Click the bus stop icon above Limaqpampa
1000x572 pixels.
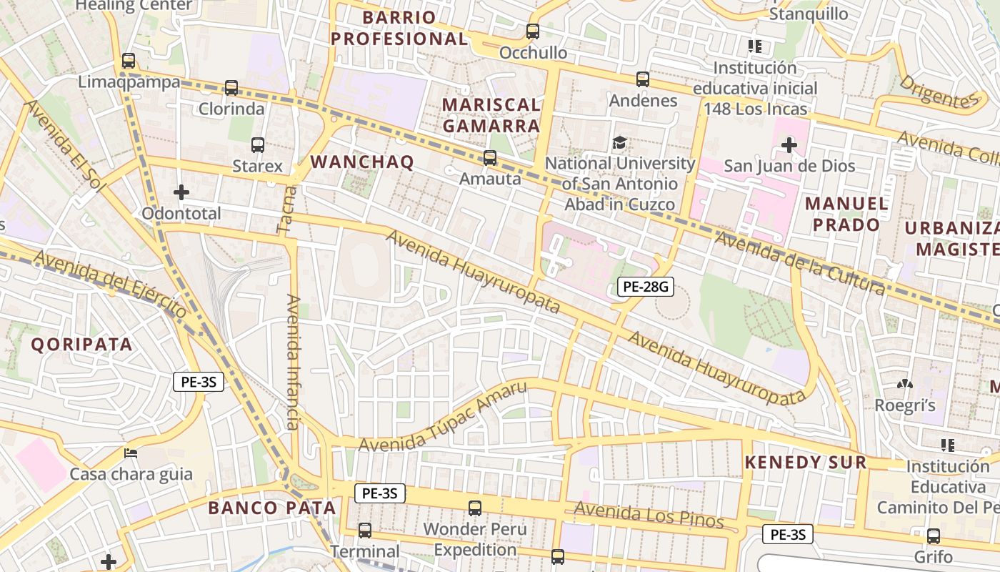click(x=129, y=61)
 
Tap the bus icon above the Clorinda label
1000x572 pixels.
click(x=231, y=88)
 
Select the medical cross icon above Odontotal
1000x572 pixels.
click(x=181, y=192)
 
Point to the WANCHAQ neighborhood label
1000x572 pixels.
click(x=362, y=162)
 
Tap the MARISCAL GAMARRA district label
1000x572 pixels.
click(x=491, y=115)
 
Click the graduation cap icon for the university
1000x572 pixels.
click(x=619, y=143)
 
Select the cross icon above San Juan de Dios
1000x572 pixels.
click(x=789, y=146)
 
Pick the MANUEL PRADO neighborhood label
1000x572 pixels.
click(x=846, y=214)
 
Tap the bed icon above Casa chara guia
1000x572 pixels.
click(x=131, y=453)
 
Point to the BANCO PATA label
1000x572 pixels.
click(x=271, y=508)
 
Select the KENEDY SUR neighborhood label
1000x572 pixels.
click(x=805, y=463)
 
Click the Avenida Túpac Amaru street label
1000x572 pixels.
click(x=443, y=417)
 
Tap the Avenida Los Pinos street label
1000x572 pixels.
click(x=649, y=515)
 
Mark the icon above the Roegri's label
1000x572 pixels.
click(x=905, y=385)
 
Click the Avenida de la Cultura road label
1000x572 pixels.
click(x=800, y=264)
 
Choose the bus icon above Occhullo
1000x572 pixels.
click(x=533, y=31)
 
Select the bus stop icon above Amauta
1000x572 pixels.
click(x=490, y=158)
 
